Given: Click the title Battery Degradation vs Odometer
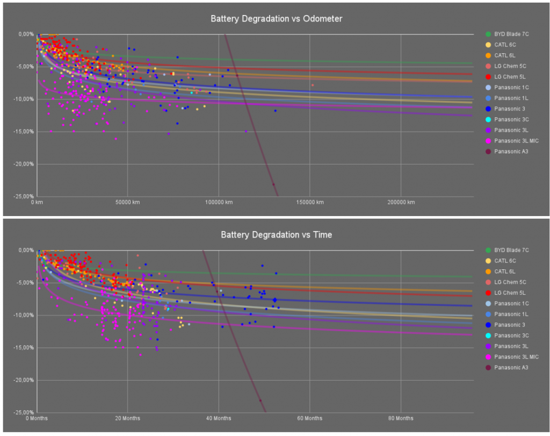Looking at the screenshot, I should point(276,19).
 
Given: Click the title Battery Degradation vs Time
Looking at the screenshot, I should point(276,235).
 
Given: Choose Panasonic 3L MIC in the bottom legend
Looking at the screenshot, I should point(516,356).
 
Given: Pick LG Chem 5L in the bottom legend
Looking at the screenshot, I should point(510,292).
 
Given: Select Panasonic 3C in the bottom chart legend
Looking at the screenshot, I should point(511,335).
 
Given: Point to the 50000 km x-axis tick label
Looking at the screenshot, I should point(127,202).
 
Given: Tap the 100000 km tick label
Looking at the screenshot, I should point(219,202).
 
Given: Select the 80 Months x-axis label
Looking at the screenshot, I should point(401,418).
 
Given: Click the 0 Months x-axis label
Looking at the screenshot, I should point(38,418).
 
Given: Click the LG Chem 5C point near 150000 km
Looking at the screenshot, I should point(313,85).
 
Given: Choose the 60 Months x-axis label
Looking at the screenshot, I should point(309,418).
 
